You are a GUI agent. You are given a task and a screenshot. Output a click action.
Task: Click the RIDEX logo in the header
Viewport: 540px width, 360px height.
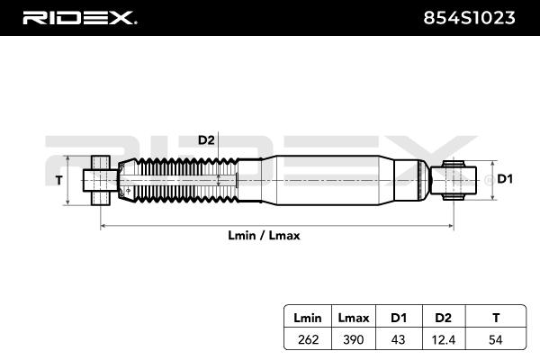pos(79,17)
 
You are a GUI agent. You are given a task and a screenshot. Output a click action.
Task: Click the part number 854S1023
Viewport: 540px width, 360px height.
pos(469,17)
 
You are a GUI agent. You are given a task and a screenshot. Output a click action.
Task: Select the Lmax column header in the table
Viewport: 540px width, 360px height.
pos(351,318)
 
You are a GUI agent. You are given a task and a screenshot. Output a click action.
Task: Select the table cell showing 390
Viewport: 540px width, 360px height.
pos(351,339)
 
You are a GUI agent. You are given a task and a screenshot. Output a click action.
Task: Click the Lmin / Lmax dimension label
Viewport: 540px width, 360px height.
pos(265,235)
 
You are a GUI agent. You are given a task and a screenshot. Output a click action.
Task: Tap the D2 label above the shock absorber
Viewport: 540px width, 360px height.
pos(205,139)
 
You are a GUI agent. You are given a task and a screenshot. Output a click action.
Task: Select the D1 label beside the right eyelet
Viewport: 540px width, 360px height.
pos(505,179)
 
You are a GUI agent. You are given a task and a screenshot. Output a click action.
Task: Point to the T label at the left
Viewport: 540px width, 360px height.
pos(59,180)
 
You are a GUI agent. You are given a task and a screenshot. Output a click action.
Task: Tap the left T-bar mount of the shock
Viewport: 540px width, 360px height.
pos(100,179)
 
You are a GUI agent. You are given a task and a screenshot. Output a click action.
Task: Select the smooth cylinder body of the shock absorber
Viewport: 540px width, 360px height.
pos(333,178)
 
